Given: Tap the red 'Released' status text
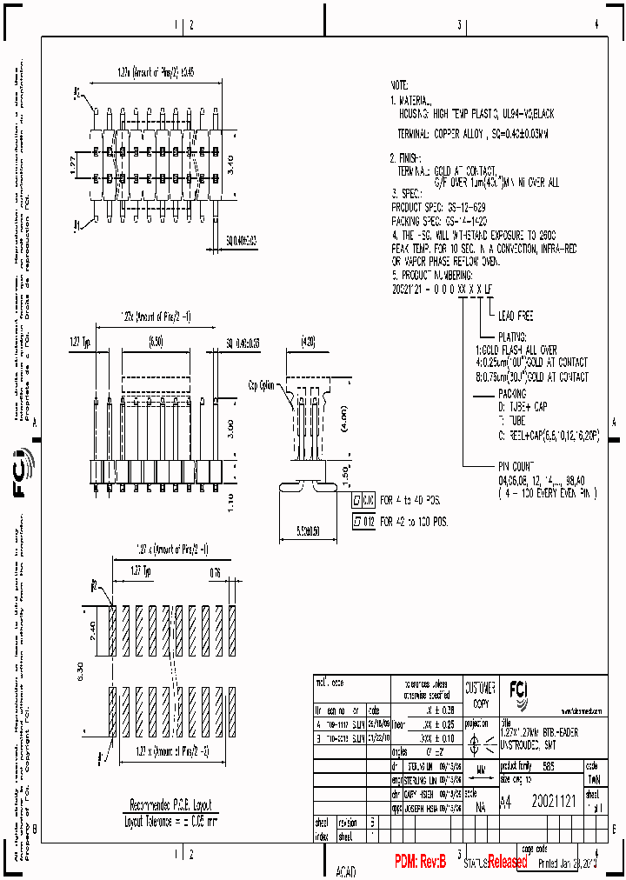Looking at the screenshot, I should pos(507,862).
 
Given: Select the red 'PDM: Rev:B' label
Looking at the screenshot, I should pos(420,862).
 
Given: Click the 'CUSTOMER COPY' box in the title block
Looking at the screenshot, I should pos(480,693).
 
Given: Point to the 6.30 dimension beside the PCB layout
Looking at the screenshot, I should pos(83,670).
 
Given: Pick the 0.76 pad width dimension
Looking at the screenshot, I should pos(215,572).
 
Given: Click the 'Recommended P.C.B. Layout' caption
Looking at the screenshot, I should pos(170,805).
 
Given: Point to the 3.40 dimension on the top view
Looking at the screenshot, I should pos(229,161).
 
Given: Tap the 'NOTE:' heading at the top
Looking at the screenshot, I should pos(399,86).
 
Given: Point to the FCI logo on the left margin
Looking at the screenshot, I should pos(21,475).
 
